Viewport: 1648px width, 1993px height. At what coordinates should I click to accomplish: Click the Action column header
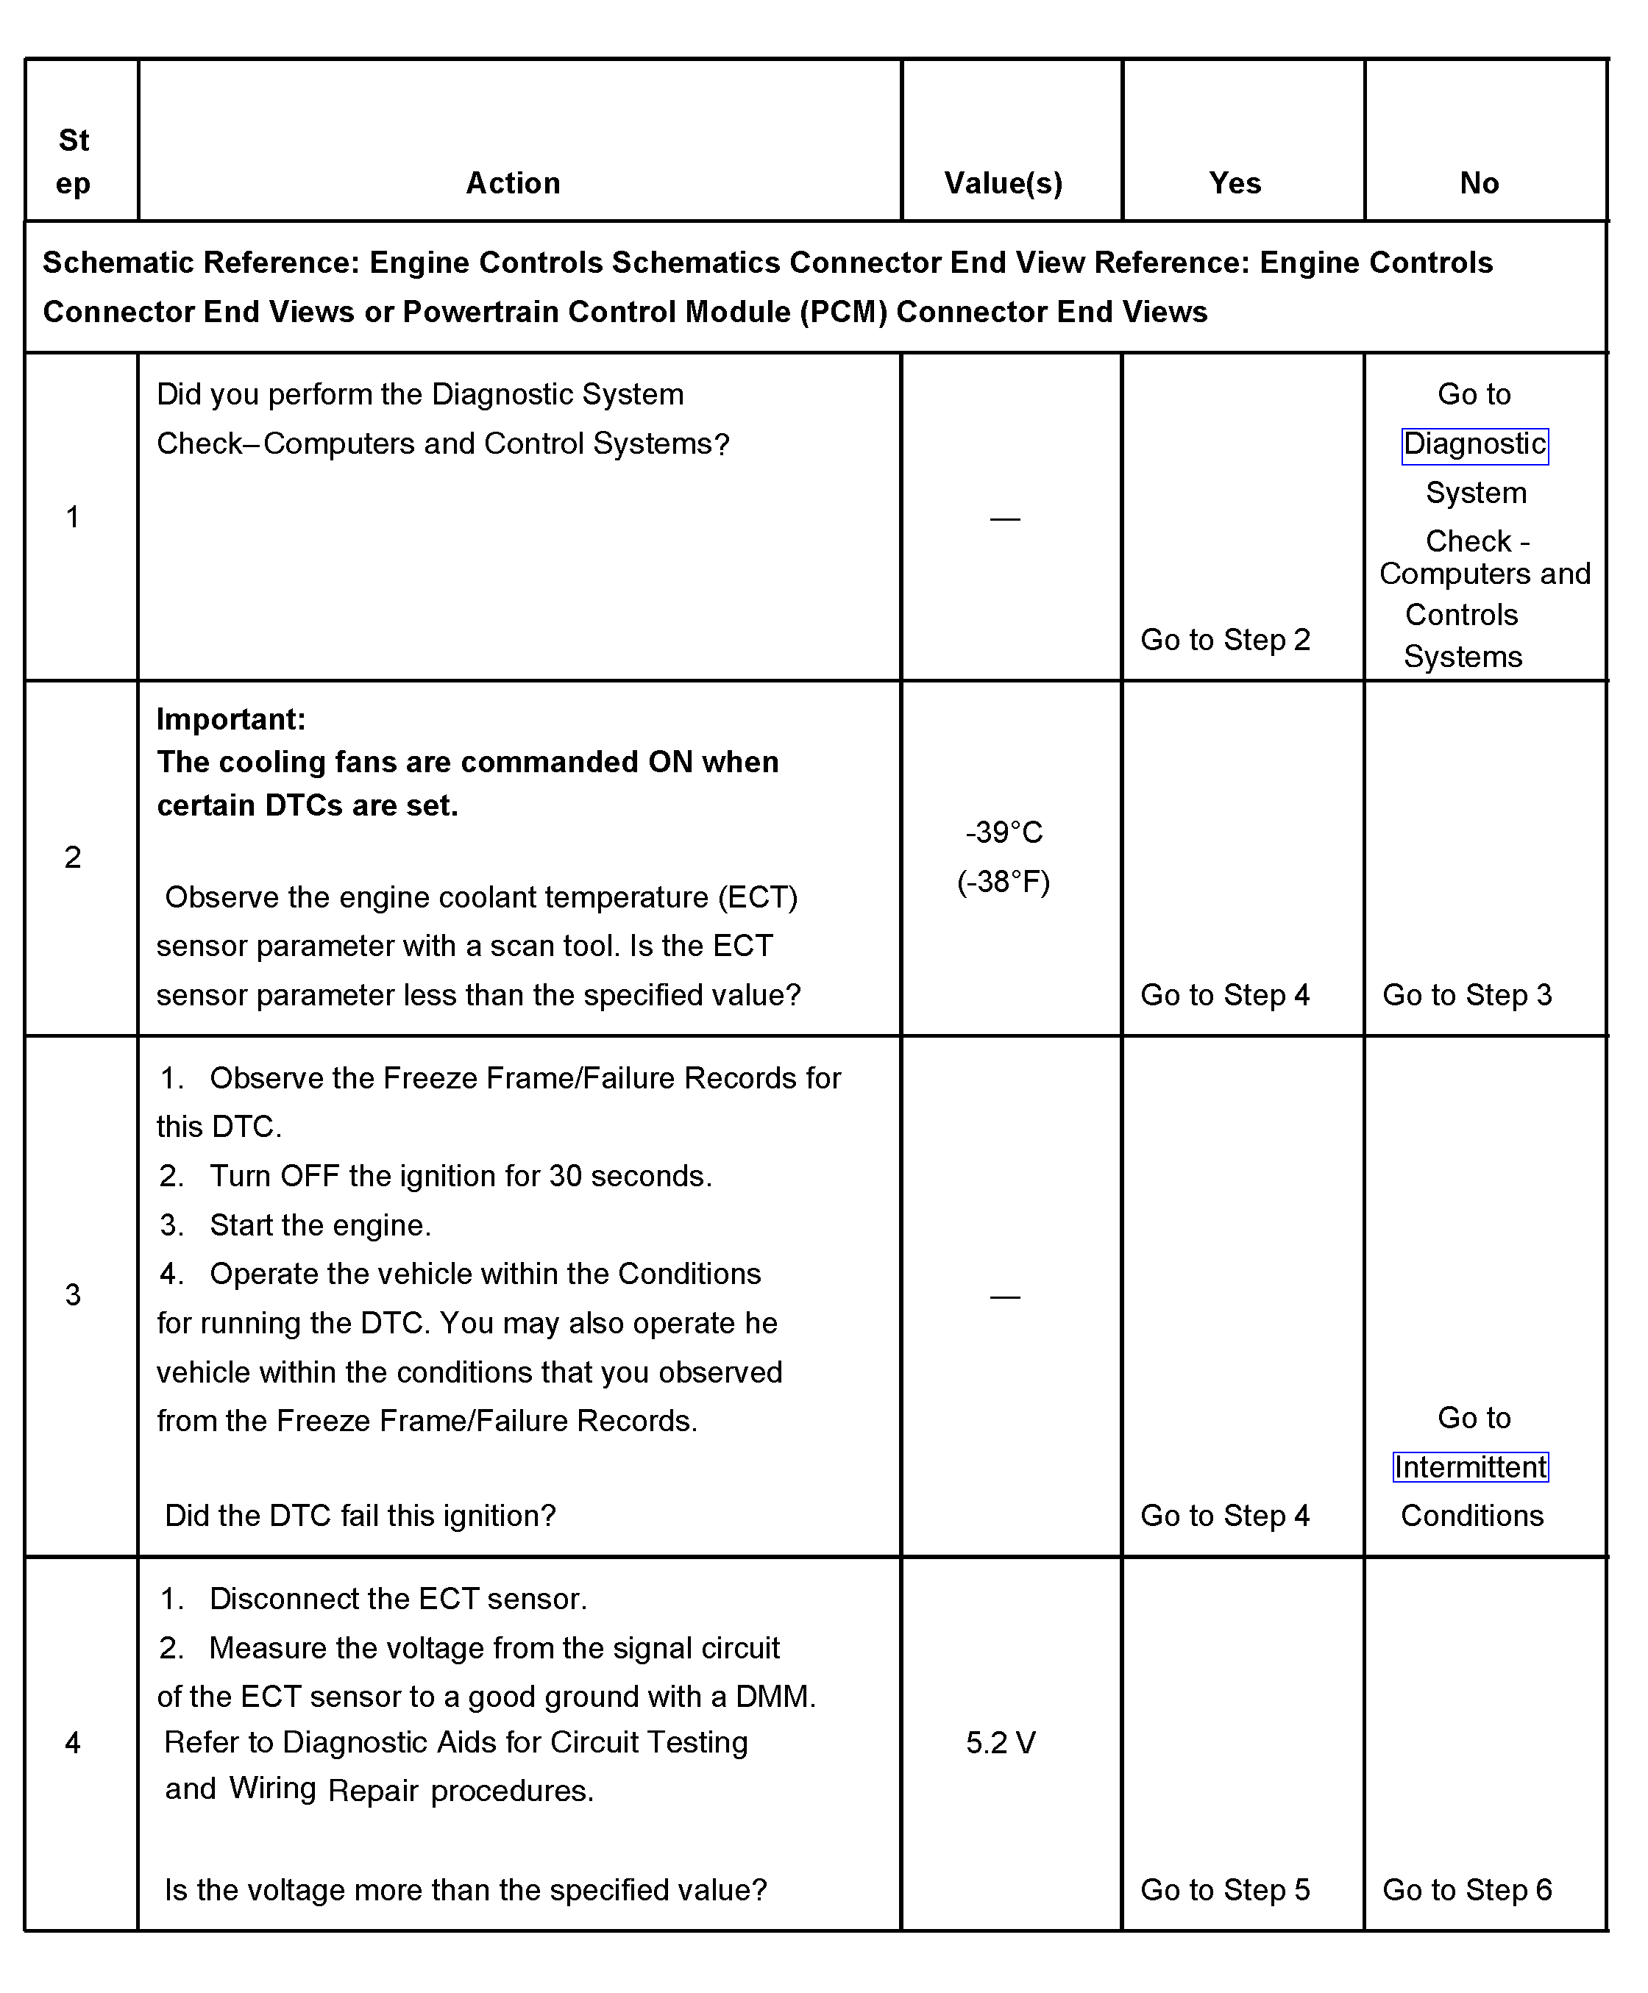(x=513, y=183)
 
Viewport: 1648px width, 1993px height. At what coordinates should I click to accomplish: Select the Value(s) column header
(x=1004, y=183)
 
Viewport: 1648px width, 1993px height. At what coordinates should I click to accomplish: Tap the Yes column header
(x=1234, y=183)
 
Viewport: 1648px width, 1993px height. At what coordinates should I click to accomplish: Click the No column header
(x=1479, y=183)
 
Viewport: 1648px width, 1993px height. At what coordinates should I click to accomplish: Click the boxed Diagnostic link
(x=1474, y=444)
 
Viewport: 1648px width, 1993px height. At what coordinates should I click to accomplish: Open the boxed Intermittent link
(x=1469, y=1467)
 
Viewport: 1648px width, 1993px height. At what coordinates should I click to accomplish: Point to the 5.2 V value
(x=1001, y=1742)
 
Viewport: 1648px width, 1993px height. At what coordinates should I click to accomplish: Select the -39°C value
(x=1004, y=833)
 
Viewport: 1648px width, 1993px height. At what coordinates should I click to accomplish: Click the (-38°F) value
(x=1004, y=882)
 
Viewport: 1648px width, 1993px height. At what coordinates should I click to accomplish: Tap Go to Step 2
(x=1225, y=640)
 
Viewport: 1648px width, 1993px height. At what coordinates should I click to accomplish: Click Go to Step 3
(x=1467, y=994)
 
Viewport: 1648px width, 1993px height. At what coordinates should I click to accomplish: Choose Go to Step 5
(x=1225, y=1889)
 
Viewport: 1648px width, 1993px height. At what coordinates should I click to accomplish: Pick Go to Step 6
(x=1467, y=1889)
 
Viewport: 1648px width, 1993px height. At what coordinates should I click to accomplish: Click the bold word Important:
(x=231, y=719)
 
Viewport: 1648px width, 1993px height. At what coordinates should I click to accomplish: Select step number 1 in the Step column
(x=73, y=517)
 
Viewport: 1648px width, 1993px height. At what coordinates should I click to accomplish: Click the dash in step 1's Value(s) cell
(x=1004, y=519)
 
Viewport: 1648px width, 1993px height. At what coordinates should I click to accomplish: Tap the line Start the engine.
(x=320, y=1225)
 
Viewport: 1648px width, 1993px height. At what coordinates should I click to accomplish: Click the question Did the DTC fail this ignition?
(x=360, y=1516)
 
